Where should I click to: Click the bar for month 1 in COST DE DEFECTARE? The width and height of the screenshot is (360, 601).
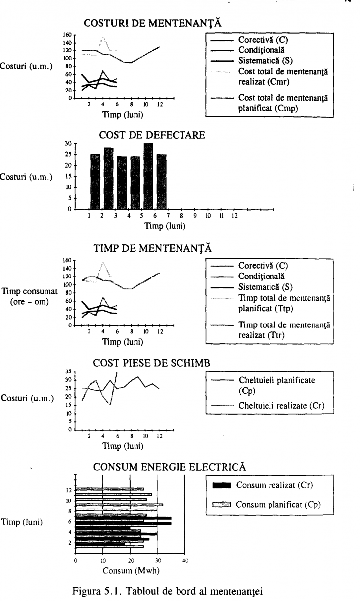click(x=95, y=182)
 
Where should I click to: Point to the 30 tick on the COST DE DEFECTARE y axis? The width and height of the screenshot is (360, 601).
click(x=68, y=143)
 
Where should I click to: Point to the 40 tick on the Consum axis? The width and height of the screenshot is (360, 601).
click(x=185, y=561)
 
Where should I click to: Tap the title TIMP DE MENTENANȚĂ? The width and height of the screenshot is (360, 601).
click(x=152, y=249)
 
